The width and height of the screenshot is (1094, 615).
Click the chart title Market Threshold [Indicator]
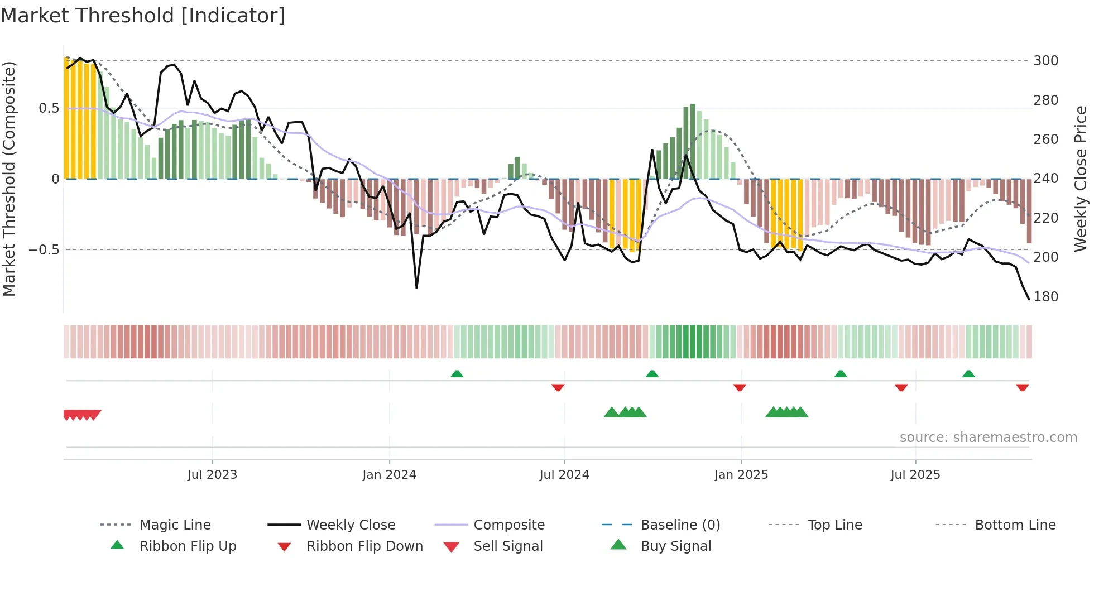(x=143, y=16)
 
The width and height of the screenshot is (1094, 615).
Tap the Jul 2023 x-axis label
(x=212, y=475)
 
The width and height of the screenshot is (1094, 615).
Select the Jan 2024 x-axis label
(x=389, y=475)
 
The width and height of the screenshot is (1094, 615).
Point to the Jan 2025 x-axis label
(x=741, y=475)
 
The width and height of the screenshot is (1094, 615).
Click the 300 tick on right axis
(x=1045, y=61)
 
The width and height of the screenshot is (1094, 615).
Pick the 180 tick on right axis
(x=1045, y=297)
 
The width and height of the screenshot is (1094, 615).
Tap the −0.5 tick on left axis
(x=44, y=249)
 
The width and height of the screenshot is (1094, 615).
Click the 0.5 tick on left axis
(x=49, y=108)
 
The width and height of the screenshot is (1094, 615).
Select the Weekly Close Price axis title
(x=1081, y=179)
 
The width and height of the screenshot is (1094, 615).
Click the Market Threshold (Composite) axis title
(x=9, y=179)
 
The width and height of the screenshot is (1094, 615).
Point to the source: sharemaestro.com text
(x=988, y=438)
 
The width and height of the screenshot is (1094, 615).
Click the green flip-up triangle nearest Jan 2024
(x=457, y=374)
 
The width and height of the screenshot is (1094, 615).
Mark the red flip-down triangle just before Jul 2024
(x=558, y=387)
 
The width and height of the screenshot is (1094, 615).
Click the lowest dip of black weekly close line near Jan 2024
(x=416, y=287)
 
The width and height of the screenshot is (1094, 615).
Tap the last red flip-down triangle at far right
(x=1022, y=387)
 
